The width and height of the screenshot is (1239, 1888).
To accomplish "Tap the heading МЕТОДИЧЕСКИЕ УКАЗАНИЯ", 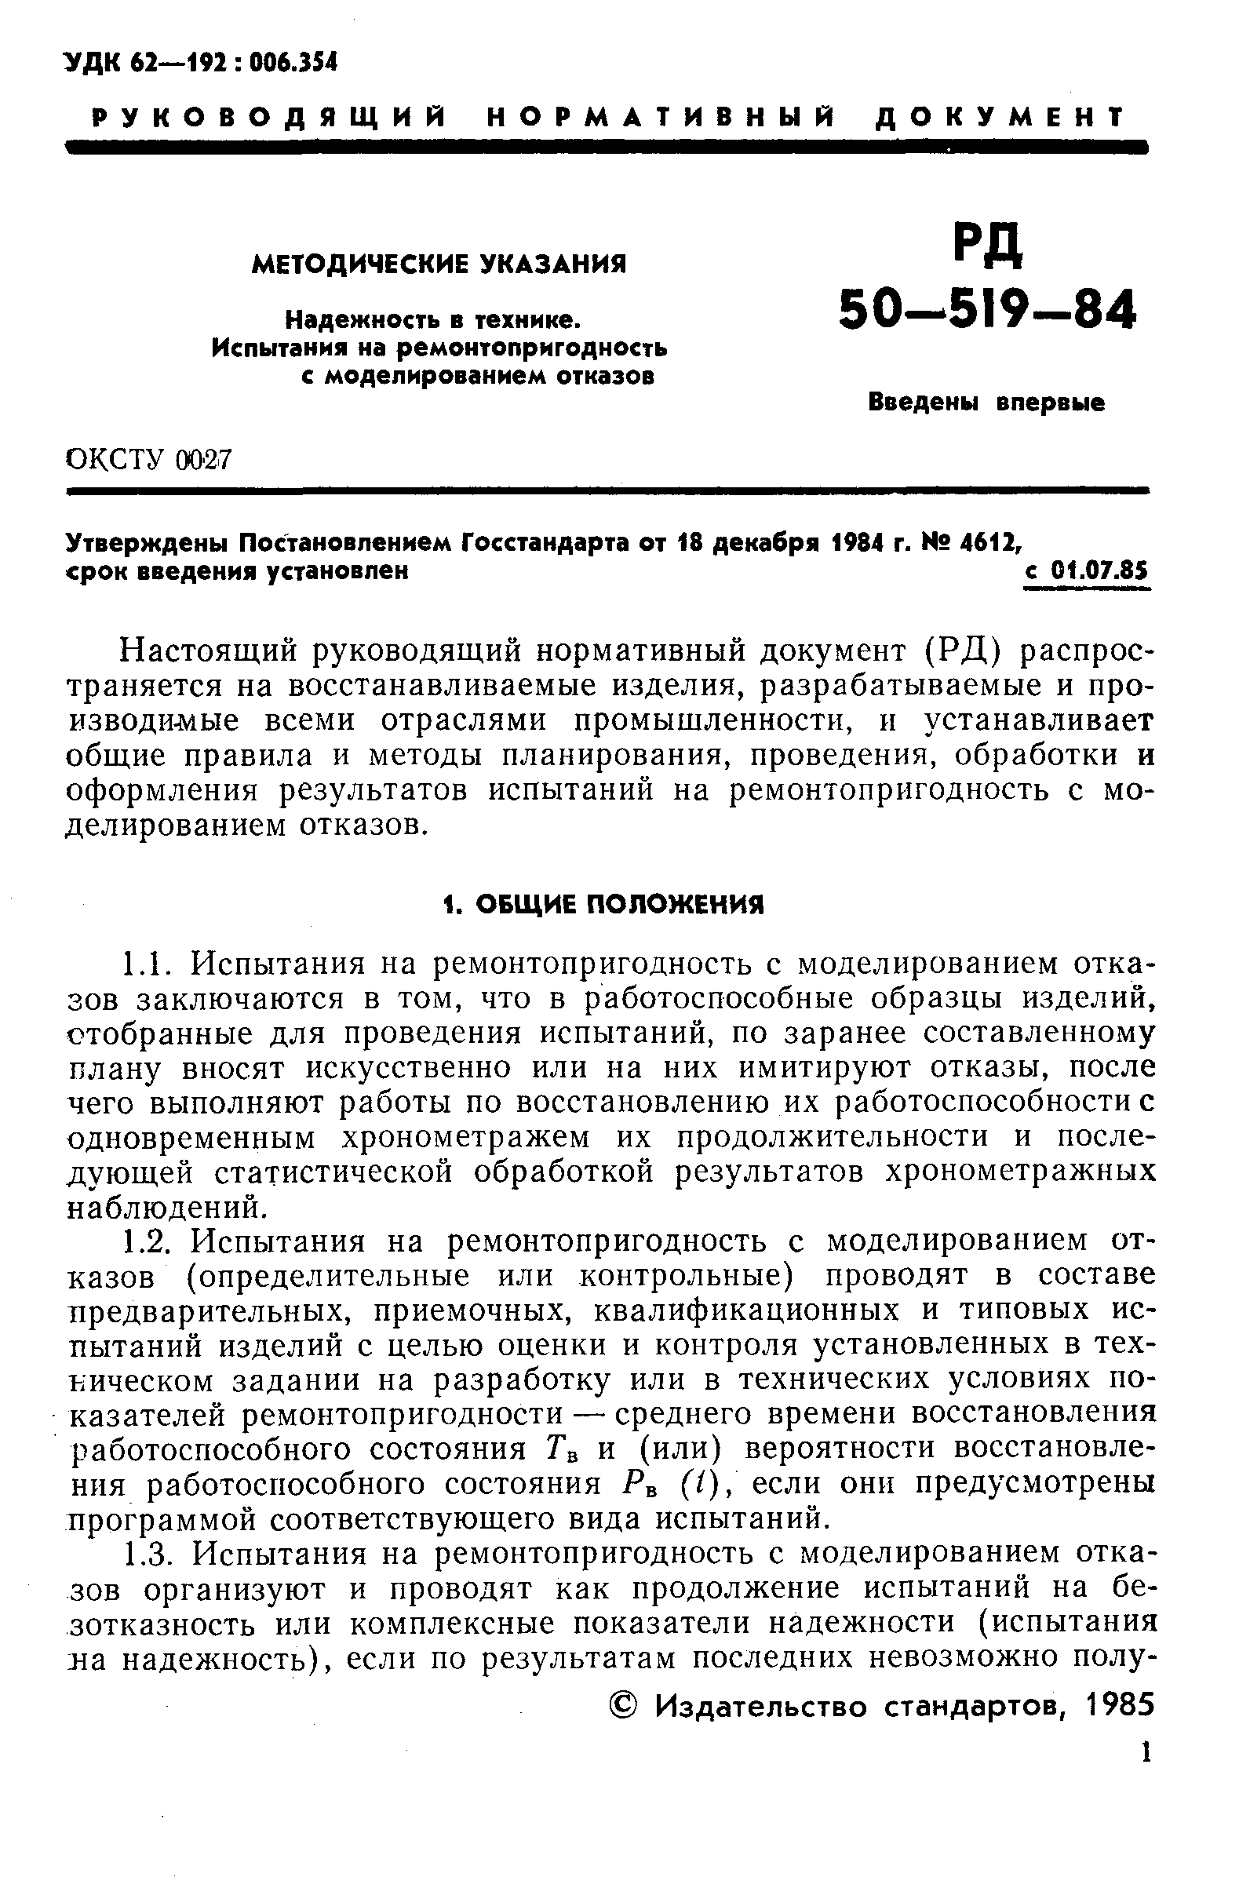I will tap(439, 264).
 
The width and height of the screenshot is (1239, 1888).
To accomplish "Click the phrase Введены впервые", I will tap(986, 404).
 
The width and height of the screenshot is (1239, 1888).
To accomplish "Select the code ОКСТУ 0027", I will tap(148, 459).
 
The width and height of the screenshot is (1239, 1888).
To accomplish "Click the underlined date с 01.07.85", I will tap(1086, 571).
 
